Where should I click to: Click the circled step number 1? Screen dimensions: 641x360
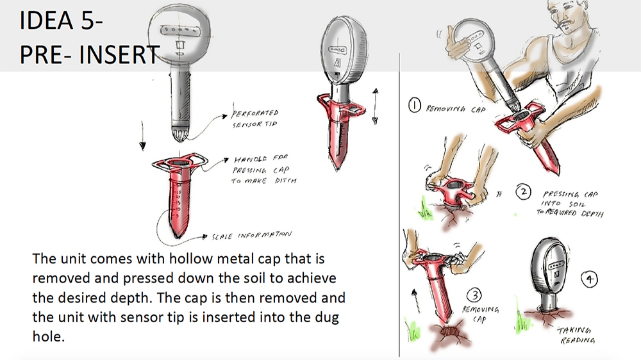click(x=415, y=106)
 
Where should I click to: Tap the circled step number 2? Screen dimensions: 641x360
click(x=523, y=192)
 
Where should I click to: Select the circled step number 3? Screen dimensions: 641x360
click(x=474, y=295)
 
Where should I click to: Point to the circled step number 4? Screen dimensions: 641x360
click(x=589, y=279)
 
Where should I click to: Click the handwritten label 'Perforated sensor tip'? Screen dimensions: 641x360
click(x=255, y=119)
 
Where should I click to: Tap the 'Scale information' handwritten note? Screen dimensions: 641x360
click(x=251, y=236)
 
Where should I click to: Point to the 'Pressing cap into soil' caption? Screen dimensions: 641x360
click(x=569, y=204)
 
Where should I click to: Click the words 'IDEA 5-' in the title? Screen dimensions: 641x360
click(x=61, y=20)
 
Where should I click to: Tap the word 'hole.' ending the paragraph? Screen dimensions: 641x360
click(x=49, y=336)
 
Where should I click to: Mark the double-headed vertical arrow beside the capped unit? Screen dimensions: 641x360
click(x=375, y=106)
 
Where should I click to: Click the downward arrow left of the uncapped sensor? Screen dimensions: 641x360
click(x=142, y=136)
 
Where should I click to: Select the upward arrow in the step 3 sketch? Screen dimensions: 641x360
click(x=415, y=301)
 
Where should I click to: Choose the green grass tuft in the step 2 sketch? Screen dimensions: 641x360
click(x=424, y=209)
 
